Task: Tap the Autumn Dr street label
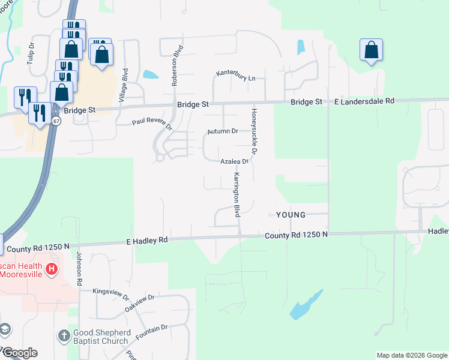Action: click(x=223, y=131)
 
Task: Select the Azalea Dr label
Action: click(x=234, y=162)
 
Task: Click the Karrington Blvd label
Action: click(x=237, y=195)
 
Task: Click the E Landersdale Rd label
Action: click(x=364, y=101)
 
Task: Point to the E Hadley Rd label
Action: click(x=147, y=240)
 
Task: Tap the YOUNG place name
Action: click(x=291, y=215)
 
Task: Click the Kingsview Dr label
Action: click(x=111, y=293)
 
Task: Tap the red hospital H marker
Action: click(x=53, y=268)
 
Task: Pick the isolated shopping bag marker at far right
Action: click(x=372, y=50)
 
